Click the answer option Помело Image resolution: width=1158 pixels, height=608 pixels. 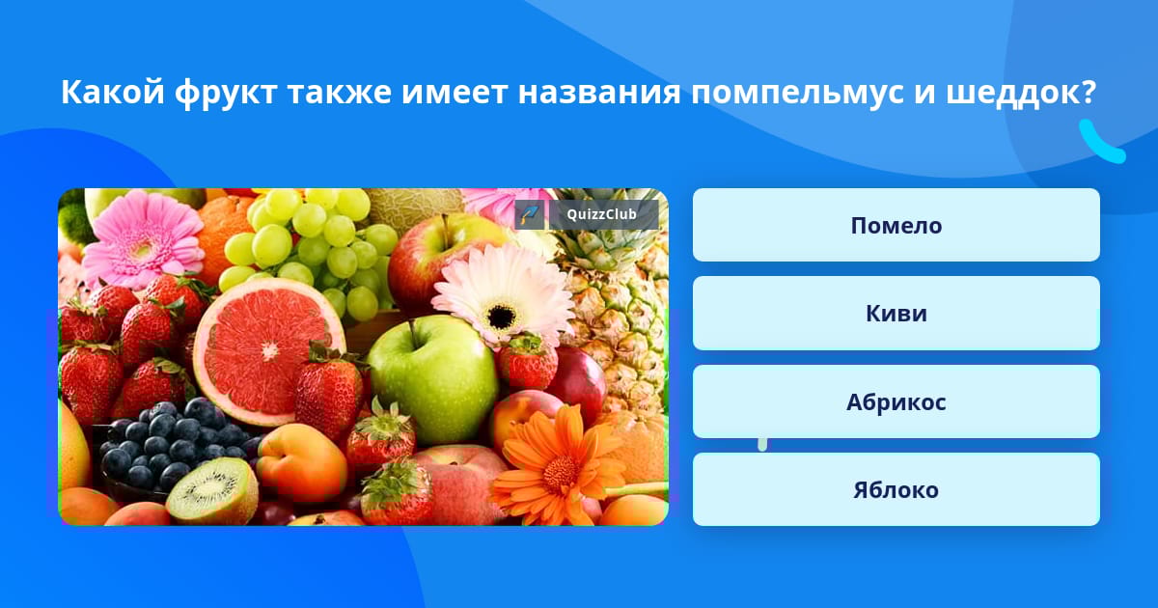coord(896,225)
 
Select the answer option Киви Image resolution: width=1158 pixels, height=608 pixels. coord(896,314)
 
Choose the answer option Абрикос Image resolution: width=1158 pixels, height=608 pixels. coord(896,401)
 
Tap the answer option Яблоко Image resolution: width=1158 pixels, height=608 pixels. coord(896,489)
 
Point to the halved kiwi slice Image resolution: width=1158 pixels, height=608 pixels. coord(212,491)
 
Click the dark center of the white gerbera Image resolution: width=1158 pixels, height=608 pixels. coord(501,316)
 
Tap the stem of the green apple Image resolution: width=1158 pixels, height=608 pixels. coord(414,332)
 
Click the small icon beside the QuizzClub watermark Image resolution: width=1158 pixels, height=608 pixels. coord(530,214)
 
